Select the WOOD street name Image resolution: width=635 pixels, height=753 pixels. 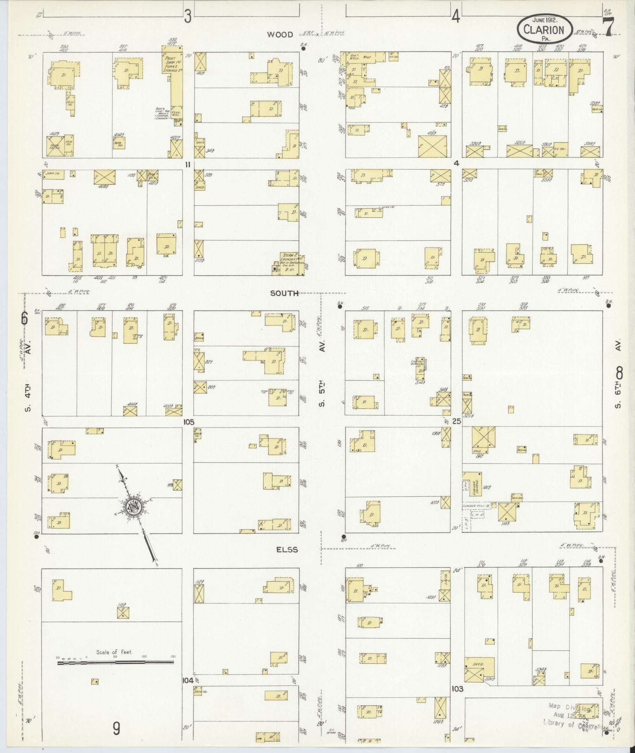tap(280, 35)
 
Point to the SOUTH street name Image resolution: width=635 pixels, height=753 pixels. tap(284, 293)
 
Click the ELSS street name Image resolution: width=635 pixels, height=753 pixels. tap(286, 549)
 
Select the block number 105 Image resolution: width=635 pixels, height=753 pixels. tap(189, 422)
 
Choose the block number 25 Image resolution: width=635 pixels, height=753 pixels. tap(457, 421)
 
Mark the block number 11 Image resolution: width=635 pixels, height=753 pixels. tap(188, 165)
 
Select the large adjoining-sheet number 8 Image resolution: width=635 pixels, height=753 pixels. tap(619, 371)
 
